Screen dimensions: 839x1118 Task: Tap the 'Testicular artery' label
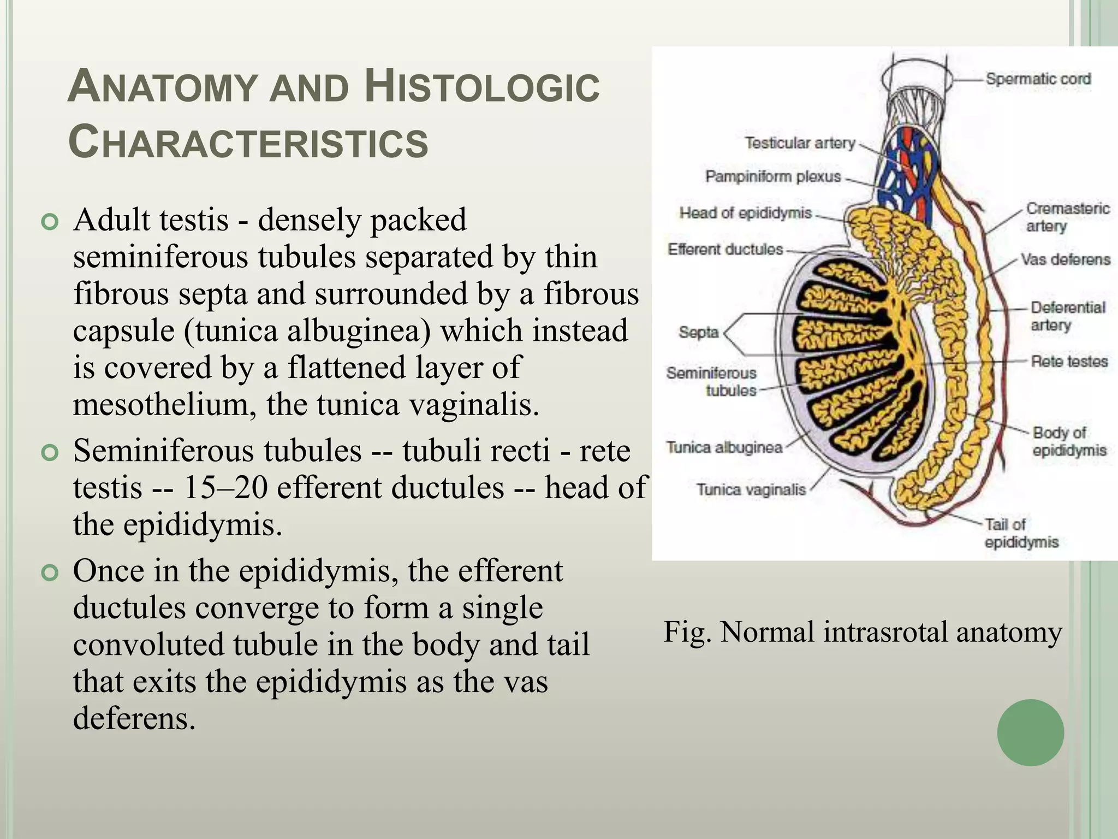pos(800,143)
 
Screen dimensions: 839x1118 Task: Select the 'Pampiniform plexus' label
pos(773,176)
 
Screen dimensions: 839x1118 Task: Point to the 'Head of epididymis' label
pos(746,212)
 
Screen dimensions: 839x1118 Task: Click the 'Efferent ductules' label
pos(725,249)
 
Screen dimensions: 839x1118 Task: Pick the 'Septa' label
pos(698,332)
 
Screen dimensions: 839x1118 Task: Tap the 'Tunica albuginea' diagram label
pos(724,447)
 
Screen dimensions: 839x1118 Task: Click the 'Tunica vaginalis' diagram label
pos(751,489)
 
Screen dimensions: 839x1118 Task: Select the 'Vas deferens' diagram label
pos(1066,259)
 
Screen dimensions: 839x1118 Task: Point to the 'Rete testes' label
pos(1069,361)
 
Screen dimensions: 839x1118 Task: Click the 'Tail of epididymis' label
pos(1021,533)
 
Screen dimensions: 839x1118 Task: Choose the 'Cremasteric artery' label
pos(1067,217)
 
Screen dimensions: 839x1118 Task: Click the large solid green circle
pos(1030,732)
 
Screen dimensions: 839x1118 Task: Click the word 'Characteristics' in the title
pos(248,142)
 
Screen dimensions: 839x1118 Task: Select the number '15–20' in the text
pos(225,487)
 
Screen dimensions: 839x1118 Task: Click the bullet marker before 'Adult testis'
pos(50,222)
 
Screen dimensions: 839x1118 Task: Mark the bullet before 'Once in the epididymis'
pos(50,574)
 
